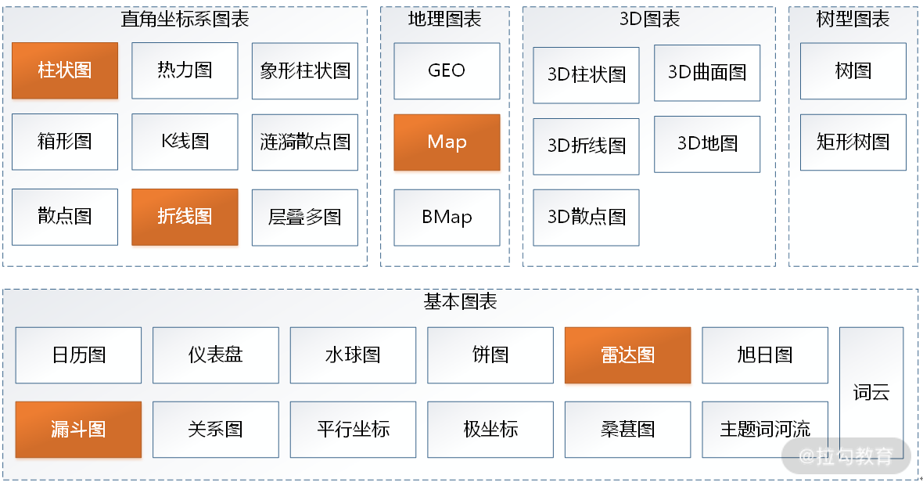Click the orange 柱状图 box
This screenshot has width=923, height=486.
point(65,70)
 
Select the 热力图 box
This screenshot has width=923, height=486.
point(185,70)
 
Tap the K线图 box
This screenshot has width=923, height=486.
point(185,142)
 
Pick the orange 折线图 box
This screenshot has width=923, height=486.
point(185,217)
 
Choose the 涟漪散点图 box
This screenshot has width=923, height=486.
point(305,142)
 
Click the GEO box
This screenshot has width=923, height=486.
point(447,70)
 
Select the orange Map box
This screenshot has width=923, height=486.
point(447,142)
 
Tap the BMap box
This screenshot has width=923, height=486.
point(447,218)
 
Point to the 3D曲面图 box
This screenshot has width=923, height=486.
point(707,73)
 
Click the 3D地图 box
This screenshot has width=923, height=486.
point(707,144)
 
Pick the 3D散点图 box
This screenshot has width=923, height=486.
point(587,218)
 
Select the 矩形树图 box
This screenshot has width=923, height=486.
point(853,142)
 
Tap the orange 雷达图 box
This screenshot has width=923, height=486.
point(627,355)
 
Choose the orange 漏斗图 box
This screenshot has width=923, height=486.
point(78,430)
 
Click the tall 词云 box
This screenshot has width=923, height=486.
point(871,392)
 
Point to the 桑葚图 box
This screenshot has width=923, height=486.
point(627,430)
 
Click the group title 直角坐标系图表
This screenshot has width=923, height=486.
point(185,19)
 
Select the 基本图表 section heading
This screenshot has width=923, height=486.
point(460,301)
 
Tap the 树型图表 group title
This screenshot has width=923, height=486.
point(853,19)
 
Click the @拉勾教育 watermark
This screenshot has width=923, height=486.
point(846,456)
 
